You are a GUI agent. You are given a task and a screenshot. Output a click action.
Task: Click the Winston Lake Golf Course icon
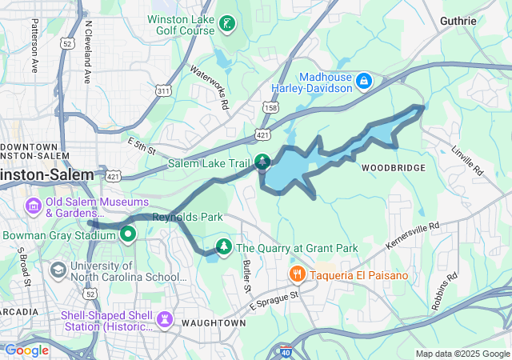[227, 23]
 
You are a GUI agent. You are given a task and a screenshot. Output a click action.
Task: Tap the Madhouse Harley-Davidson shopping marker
[364, 81]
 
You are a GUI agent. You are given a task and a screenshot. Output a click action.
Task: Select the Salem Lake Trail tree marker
[262, 163]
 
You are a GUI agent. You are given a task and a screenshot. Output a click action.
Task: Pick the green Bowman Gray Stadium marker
[128, 234]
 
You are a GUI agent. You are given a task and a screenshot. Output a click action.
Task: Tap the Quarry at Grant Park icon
[225, 247]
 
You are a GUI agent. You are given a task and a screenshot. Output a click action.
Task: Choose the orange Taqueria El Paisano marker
[298, 275]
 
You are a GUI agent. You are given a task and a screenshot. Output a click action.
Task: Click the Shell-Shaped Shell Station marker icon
[166, 320]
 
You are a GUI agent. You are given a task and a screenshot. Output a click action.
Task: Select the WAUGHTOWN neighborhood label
[211, 322]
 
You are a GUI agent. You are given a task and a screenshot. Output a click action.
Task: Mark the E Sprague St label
[274, 300]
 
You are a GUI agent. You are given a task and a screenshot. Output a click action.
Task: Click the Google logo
[26, 350]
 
